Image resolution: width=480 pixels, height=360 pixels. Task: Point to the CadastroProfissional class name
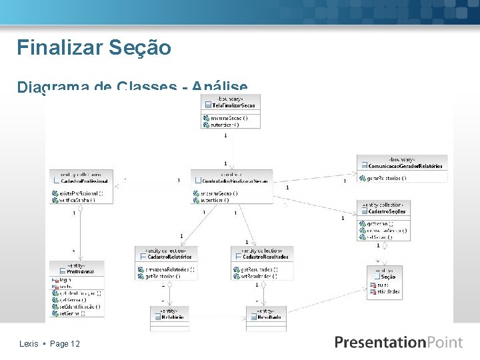(85, 181)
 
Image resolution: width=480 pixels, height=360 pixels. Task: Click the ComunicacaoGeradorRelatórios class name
(405, 165)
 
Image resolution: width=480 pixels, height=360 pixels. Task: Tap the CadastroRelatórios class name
(169, 257)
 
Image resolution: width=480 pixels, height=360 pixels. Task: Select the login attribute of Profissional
(65, 280)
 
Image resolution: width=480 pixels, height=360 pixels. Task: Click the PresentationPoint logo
(399, 343)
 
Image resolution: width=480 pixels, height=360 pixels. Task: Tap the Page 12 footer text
(65, 343)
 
